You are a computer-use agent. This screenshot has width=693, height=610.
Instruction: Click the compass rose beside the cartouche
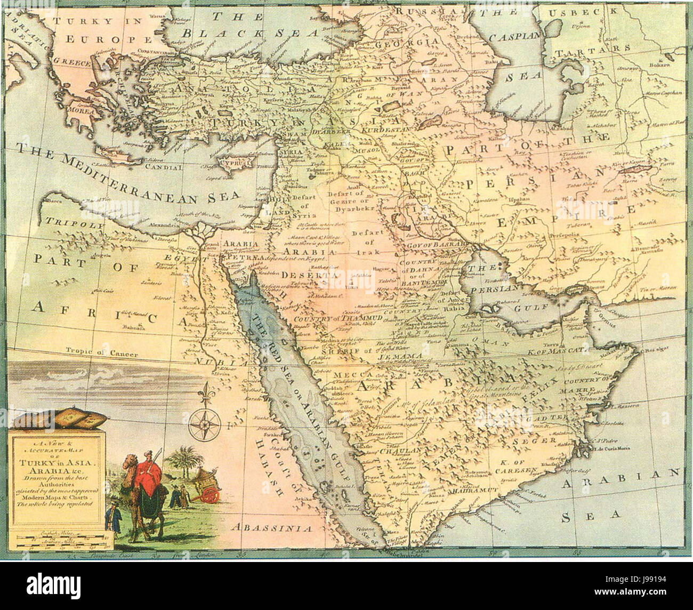click(206, 424)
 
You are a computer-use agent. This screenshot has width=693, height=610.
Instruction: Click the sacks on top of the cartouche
click(57, 420)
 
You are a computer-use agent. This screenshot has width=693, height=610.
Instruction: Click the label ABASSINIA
click(271, 528)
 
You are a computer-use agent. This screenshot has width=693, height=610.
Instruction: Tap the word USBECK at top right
click(589, 11)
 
